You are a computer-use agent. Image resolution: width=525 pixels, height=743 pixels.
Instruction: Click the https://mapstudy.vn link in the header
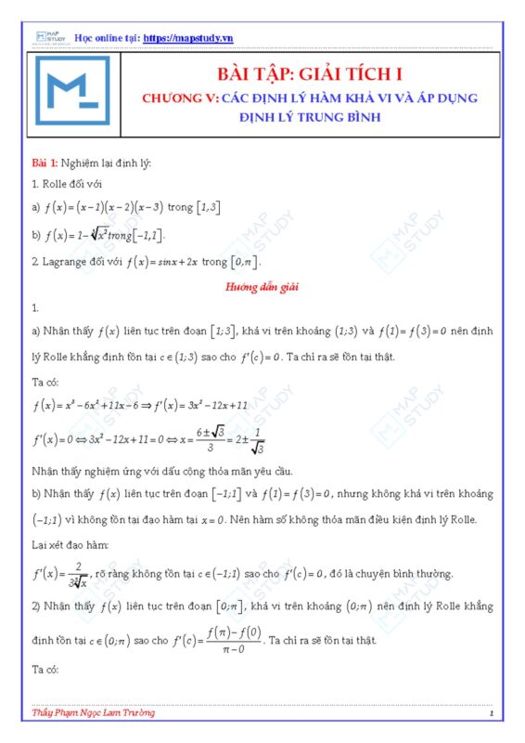coord(189,37)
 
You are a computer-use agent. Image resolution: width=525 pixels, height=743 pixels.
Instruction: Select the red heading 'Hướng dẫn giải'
coord(261,287)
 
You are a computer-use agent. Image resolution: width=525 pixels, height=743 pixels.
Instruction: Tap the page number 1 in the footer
coord(490,713)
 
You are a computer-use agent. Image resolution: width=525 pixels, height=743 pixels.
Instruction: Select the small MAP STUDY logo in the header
coord(47,37)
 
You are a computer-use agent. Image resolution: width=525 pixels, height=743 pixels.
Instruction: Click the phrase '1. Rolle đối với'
coord(64,185)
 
